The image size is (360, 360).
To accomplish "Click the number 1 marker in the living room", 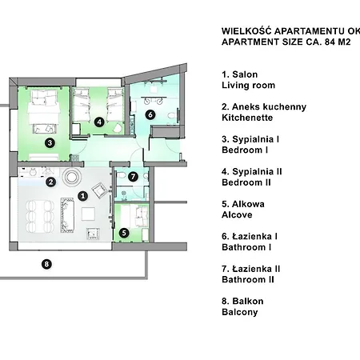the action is pos(82,196).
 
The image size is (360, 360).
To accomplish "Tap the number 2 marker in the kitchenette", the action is pos(50,182).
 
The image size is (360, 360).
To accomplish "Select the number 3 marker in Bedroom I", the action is pos(50,143).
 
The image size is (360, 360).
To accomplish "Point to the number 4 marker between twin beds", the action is pos(99,122).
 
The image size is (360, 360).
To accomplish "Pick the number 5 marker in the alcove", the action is pos(124,233).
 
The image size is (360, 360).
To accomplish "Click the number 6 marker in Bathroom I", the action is pos(150,114).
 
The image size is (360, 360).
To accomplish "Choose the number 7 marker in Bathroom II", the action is pos(133,176).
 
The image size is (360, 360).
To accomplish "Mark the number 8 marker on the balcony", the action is pos(46,264).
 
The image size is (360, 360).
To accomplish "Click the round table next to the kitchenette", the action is pos(71,177).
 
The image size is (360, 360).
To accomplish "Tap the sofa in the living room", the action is pos(67,215).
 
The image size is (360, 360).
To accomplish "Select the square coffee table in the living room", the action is pos(88,214).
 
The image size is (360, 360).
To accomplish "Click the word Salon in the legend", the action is pos(245,74).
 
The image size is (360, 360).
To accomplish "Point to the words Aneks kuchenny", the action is pos(269,107).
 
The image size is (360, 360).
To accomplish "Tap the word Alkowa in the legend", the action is pos(248,204).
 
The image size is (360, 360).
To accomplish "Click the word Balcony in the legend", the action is pos(240,312).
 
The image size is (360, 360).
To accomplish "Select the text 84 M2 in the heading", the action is pos(338,42).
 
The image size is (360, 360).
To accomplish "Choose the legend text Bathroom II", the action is pos(248,279).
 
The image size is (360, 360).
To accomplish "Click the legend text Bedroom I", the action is pos(245,150).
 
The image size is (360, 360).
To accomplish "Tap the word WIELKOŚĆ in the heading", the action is pos(246,31).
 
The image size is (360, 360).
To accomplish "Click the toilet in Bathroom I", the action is pos(172,116).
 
